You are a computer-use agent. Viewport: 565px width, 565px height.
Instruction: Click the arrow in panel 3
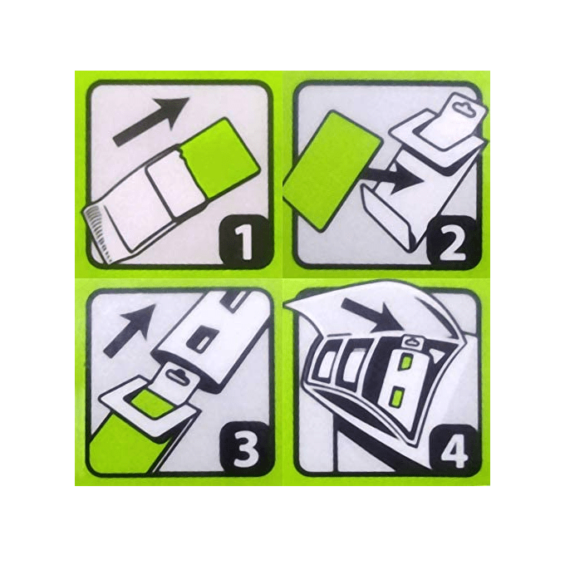129,329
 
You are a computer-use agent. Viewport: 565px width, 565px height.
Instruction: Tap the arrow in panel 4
371,315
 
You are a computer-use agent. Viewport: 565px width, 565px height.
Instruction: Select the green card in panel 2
332,171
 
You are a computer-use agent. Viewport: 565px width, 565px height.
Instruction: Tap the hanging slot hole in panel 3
179,375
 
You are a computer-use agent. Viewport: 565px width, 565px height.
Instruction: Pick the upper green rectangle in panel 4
405,361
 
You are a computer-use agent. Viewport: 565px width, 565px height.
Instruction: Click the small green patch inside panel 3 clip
153,404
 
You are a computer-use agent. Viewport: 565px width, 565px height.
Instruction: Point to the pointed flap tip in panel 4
285,306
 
